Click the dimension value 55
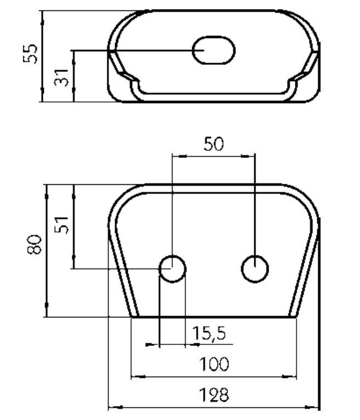pos(30,54)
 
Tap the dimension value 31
pos(61,78)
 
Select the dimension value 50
pos(213,144)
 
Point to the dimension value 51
pos(61,224)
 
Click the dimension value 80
pos(35,245)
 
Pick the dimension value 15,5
pos(209,333)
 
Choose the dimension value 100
pos(214,364)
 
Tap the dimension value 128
pos(214,395)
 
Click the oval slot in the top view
pos(214,50)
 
